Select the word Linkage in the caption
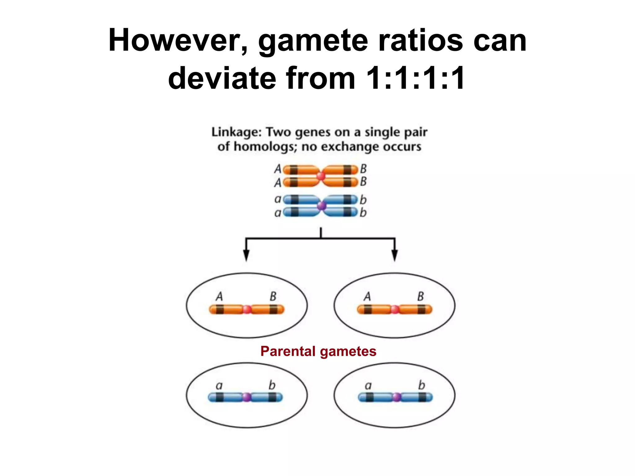point(237,132)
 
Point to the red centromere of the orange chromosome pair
point(321,176)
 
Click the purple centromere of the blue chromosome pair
point(322,205)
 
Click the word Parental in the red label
point(287,351)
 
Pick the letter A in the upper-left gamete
point(219,296)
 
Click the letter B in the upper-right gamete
point(420,296)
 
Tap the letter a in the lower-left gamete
point(219,386)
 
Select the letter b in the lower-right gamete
point(421,385)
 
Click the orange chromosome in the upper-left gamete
point(229,309)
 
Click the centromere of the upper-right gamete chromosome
point(395,309)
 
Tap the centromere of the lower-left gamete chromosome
point(246,397)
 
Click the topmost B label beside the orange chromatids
point(363,169)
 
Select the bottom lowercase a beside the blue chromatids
point(278,213)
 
